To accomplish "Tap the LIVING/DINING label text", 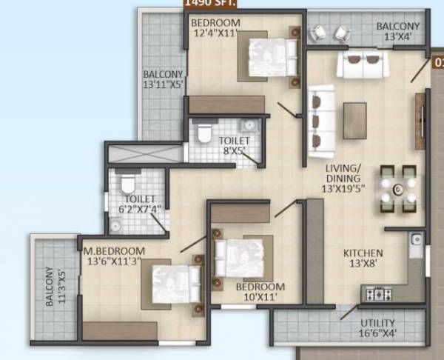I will (x=343, y=179).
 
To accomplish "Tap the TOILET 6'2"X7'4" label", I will (x=139, y=204).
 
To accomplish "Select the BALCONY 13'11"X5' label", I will (x=163, y=80).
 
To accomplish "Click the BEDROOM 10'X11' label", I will (x=260, y=292).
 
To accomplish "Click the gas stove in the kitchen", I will (x=378, y=294).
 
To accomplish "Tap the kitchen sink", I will (x=416, y=239).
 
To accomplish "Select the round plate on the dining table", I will (x=397, y=190).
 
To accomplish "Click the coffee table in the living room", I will (x=355, y=119).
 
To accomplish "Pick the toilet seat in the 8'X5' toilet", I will (x=206, y=130).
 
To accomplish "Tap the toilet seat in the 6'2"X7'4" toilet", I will (x=126, y=182).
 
